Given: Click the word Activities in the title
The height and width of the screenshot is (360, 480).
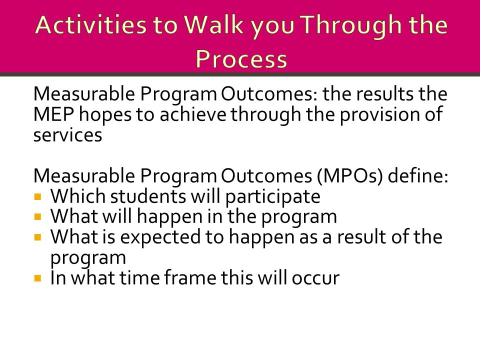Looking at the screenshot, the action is click(91, 25).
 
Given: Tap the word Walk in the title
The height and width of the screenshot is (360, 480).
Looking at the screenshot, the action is click(214, 24).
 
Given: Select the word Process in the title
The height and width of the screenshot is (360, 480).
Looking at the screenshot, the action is click(241, 59).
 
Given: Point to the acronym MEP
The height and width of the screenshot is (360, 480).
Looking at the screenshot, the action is click(54, 114).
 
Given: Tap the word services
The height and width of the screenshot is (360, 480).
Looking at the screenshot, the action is click(67, 135).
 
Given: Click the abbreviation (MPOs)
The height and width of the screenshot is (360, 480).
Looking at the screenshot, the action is click(350, 176).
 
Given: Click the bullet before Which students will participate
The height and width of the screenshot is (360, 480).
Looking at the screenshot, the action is click(37, 196).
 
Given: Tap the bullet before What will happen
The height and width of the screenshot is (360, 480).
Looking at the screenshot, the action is click(37, 217).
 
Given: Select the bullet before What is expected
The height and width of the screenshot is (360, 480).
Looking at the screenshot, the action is click(37, 237).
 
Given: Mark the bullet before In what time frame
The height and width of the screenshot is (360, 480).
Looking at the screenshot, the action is click(37, 278).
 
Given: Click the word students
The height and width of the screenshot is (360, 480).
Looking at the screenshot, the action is click(148, 196).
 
